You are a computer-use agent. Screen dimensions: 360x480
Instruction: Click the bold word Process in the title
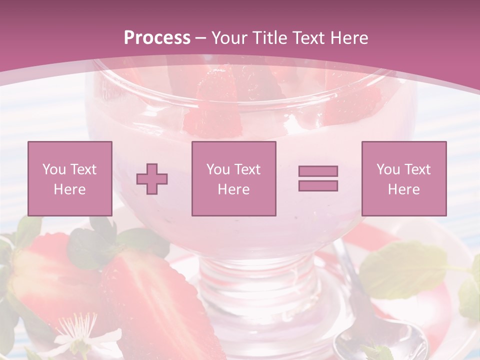(x=157, y=37)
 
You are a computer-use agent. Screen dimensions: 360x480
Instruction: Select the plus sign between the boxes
(x=152, y=178)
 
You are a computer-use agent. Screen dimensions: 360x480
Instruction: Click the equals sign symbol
(x=318, y=178)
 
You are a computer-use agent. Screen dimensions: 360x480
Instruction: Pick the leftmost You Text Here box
(x=69, y=178)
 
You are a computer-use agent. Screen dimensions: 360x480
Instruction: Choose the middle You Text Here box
(x=233, y=178)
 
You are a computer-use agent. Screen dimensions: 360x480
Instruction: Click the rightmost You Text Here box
(x=403, y=178)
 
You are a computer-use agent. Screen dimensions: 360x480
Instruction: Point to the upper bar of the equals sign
(x=318, y=171)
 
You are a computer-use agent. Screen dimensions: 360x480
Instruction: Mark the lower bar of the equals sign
(x=318, y=186)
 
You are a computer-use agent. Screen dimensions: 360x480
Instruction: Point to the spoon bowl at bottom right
(x=380, y=342)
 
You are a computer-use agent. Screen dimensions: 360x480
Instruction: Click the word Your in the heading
(x=229, y=37)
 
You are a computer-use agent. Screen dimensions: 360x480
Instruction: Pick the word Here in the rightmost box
(x=403, y=189)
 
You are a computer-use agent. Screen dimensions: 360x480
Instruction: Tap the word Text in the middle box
(x=247, y=169)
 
